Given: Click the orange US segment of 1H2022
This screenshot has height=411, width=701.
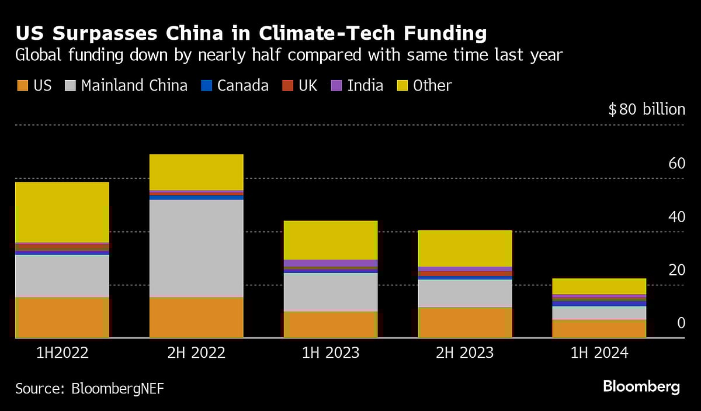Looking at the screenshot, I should tap(62, 317).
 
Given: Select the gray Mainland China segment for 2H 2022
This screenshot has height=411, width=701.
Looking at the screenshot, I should tap(196, 248).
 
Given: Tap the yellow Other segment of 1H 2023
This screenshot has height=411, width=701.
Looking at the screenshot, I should tap(331, 240).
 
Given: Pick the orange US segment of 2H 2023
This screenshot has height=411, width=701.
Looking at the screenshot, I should tap(465, 323).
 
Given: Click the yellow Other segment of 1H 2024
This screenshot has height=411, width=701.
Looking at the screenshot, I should tap(599, 286).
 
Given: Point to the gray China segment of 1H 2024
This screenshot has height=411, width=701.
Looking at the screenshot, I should tap(599, 313).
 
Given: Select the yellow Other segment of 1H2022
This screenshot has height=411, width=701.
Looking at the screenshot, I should tap(62, 212).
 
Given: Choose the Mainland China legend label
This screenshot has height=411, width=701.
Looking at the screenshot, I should tap(134, 86).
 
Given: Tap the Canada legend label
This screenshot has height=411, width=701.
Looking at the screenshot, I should tap(242, 86).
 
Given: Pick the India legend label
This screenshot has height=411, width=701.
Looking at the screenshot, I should tap(365, 86).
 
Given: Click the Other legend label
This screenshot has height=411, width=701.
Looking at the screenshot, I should tap(432, 86).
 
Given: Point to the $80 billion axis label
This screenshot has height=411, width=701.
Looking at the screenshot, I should tap(646, 109).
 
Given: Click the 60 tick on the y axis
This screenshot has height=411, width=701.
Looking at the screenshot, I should tap(676, 164).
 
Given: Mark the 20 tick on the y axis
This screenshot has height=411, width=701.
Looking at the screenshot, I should tap(676, 270).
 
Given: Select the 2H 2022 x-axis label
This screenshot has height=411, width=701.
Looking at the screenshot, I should tap(196, 353).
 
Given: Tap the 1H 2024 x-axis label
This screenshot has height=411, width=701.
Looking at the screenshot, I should tap(599, 353).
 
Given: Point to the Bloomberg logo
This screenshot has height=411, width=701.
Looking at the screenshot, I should tap(641, 386).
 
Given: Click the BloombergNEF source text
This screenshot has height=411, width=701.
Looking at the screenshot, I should tap(117, 389).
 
